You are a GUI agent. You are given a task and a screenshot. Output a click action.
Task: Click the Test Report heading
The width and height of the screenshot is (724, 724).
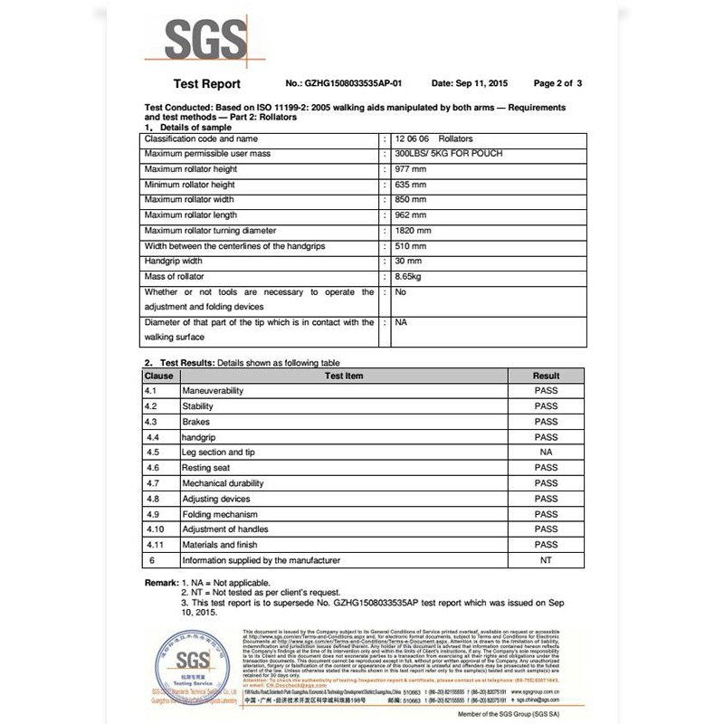pyautogui.click(x=206, y=84)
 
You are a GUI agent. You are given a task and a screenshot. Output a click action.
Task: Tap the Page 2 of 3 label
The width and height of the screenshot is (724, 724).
pyautogui.click(x=557, y=83)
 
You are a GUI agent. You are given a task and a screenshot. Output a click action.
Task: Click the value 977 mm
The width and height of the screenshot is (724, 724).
pyautogui.click(x=411, y=169)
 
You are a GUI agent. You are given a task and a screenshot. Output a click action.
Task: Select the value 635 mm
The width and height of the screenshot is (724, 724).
pyautogui.click(x=411, y=185)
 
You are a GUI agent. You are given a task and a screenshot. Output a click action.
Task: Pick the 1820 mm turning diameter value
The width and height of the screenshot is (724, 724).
pyautogui.click(x=414, y=230)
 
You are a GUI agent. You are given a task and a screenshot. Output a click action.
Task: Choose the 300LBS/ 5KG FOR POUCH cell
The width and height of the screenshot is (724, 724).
pyautogui.click(x=449, y=154)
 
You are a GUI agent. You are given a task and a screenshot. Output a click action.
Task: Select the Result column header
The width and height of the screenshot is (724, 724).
pyautogui.click(x=546, y=376)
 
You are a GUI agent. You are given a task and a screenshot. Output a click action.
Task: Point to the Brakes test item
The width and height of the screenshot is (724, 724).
pyautogui.click(x=195, y=422)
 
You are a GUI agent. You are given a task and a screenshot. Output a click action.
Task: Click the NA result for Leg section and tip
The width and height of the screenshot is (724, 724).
pyautogui.click(x=546, y=452)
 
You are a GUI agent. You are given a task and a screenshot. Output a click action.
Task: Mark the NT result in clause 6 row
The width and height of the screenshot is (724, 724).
pyautogui.click(x=546, y=561)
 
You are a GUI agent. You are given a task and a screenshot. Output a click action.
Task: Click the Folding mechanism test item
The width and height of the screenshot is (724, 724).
pyautogui.click(x=221, y=514)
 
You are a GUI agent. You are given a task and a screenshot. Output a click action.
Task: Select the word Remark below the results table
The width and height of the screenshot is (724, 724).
pyautogui.click(x=161, y=583)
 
